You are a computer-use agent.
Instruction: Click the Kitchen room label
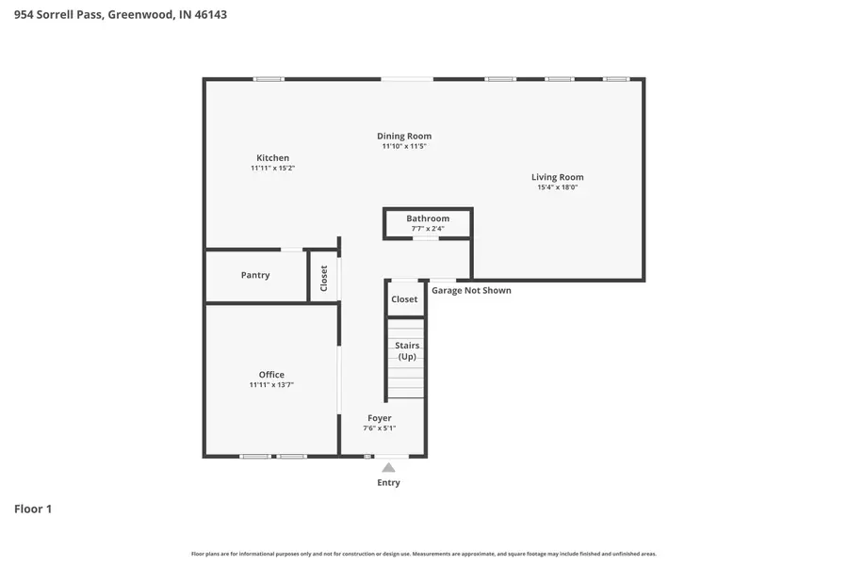(x=272, y=158)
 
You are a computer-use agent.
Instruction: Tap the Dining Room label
(x=404, y=137)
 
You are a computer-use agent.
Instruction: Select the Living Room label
(x=557, y=177)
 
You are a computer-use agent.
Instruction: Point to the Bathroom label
(x=428, y=218)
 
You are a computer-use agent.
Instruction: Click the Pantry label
(x=255, y=275)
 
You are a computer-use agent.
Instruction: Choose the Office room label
(x=271, y=375)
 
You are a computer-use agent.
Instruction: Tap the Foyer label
(x=379, y=418)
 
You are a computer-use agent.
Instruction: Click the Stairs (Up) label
(x=407, y=351)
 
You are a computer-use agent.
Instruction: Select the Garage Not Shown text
(x=471, y=290)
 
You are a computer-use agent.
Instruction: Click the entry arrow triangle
(x=388, y=467)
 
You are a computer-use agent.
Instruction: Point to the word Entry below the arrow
(x=388, y=483)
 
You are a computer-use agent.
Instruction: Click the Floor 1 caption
(x=33, y=509)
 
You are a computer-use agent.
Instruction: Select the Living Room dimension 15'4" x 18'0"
(x=557, y=187)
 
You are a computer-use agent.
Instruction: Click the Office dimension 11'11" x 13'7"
(x=271, y=385)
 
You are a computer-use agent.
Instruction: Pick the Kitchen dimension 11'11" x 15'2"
(x=272, y=169)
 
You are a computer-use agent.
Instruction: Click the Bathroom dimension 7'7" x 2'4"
(x=428, y=229)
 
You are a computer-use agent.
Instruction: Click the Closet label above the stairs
(x=404, y=299)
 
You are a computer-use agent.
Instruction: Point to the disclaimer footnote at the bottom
(x=424, y=554)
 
